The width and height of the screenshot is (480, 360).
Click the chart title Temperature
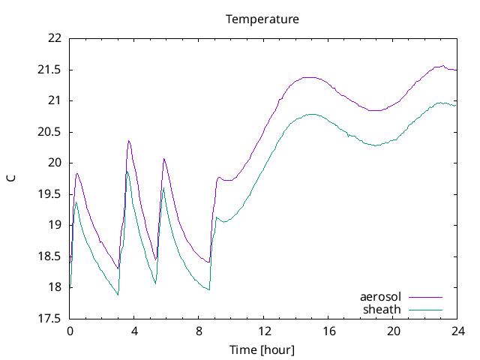point(262,19)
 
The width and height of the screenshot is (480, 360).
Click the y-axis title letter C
point(11,178)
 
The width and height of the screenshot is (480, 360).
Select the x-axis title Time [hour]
point(262,349)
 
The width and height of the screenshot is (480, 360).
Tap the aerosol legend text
point(381,297)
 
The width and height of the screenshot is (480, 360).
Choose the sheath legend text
point(382,309)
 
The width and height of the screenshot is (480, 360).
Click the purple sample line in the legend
point(424,297)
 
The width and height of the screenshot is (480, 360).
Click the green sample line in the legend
point(424,309)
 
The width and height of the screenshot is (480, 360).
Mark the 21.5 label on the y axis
point(51,70)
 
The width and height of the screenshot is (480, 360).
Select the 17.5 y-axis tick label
point(51,318)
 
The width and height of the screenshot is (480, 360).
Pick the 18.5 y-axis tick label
point(51,256)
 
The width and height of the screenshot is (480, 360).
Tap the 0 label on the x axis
point(70,330)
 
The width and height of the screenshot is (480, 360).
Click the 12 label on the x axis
point(265,330)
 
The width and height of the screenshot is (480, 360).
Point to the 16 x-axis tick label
point(329,330)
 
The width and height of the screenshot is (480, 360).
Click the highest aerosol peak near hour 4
point(129,141)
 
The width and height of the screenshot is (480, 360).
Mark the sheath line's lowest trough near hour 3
point(118,295)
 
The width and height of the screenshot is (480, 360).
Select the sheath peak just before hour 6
point(163,188)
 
